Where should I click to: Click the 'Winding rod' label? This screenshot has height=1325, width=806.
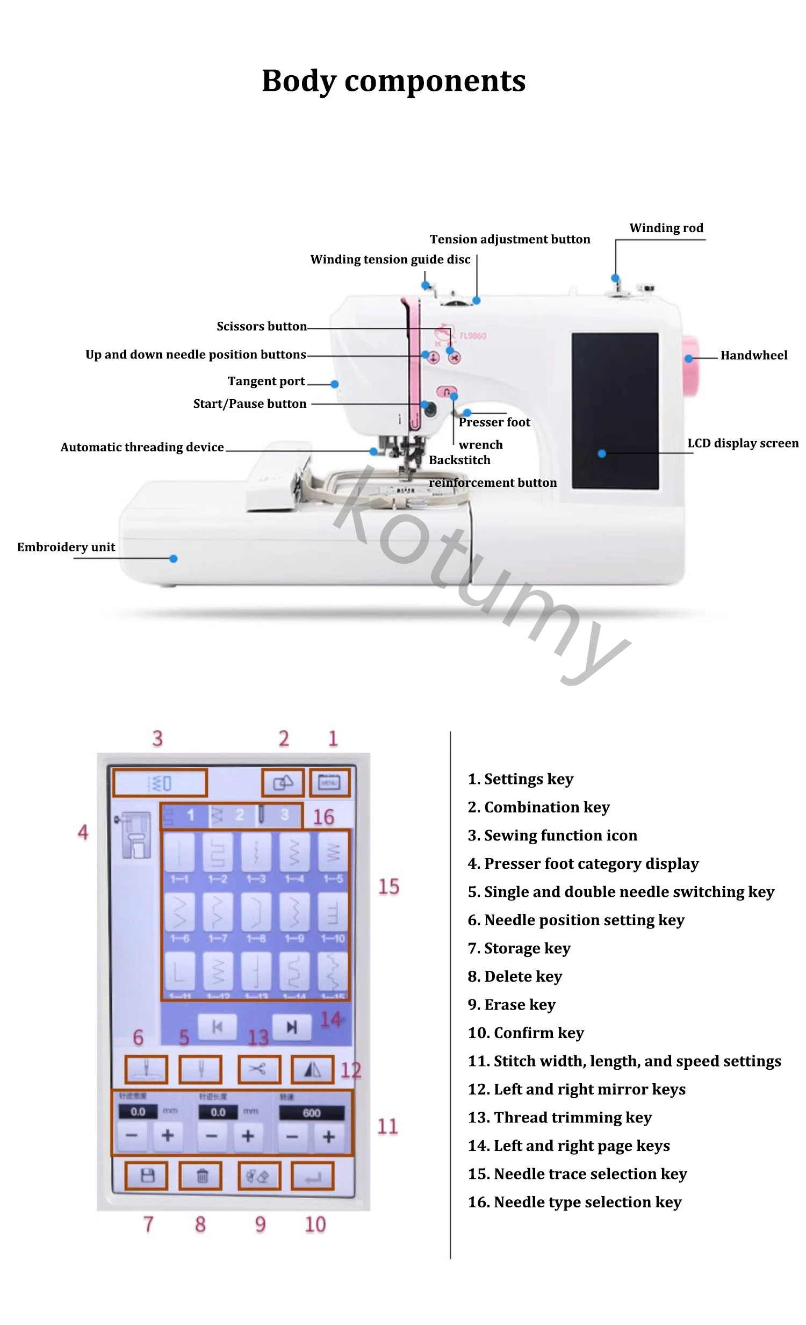tap(666, 228)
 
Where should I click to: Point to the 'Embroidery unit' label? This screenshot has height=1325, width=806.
tap(66, 547)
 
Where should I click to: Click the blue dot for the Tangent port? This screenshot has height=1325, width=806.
tap(334, 384)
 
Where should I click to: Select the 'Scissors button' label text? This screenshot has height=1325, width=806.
tap(261, 326)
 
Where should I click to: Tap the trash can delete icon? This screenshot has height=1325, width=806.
tap(201, 1176)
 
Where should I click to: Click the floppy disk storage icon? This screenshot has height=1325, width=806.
tap(146, 1176)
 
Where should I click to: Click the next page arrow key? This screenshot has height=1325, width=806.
tap(291, 1027)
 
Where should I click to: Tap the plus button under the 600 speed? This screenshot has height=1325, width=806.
tap(328, 1136)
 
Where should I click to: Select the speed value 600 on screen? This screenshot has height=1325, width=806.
tap(311, 1113)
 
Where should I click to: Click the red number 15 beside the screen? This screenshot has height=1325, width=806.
tap(388, 886)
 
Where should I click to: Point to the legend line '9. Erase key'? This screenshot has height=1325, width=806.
tap(512, 1005)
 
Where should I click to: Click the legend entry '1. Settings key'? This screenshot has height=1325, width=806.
tap(520, 779)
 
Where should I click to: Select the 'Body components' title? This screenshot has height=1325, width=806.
tap(393, 81)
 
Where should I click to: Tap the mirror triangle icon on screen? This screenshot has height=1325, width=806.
tap(312, 1070)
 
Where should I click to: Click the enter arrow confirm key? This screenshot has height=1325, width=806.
tap(312, 1176)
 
